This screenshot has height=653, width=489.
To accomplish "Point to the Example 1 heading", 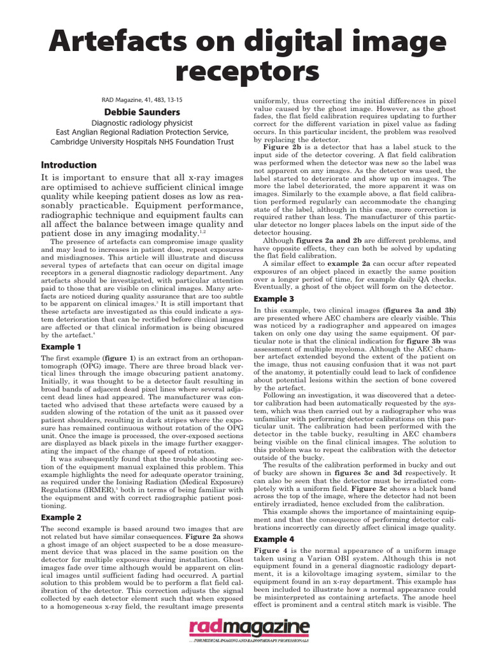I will click(61, 346).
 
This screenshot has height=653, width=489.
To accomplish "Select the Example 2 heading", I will click(61, 517).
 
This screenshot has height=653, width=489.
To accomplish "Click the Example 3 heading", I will click(274, 298).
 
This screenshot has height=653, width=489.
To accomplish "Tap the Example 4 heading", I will click(274, 539).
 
